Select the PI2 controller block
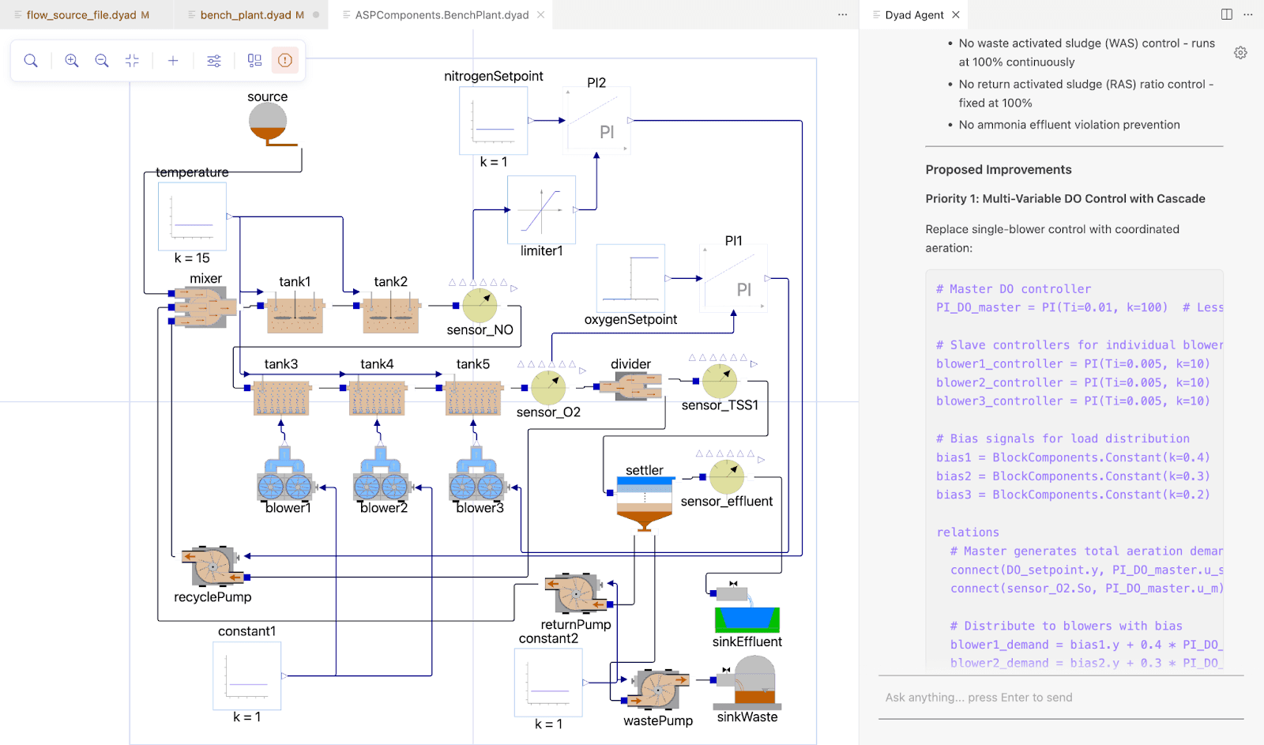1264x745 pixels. click(597, 120)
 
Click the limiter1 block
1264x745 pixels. click(541, 209)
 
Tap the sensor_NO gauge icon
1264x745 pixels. click(480, 305)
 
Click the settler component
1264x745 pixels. click(645, 503)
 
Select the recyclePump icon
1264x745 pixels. click(212, 566)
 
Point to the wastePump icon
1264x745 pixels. click(658, 689)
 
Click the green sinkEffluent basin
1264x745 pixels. click(747, 619)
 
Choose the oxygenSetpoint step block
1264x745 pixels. click(630, 278)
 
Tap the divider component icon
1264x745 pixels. click(630, 386)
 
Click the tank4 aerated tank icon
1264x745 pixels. click(377, 397)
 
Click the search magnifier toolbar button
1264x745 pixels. click(31, 61)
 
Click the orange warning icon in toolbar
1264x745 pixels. click(285, 61)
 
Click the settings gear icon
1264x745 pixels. click(1240, 53)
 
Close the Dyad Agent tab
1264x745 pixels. click(956, 15)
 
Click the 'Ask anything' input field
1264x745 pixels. click(1059, 698)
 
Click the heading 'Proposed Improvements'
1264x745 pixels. click(999, 170)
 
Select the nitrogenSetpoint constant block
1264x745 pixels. click(494, 120)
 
